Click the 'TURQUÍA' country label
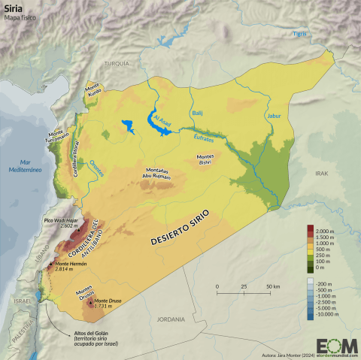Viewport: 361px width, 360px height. [x=116, y=64]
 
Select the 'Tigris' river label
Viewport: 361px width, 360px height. [x=300, y=35]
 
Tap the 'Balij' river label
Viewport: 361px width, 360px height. [x=198, y=113]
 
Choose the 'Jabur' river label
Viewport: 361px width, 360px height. [x=273, y=116]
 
